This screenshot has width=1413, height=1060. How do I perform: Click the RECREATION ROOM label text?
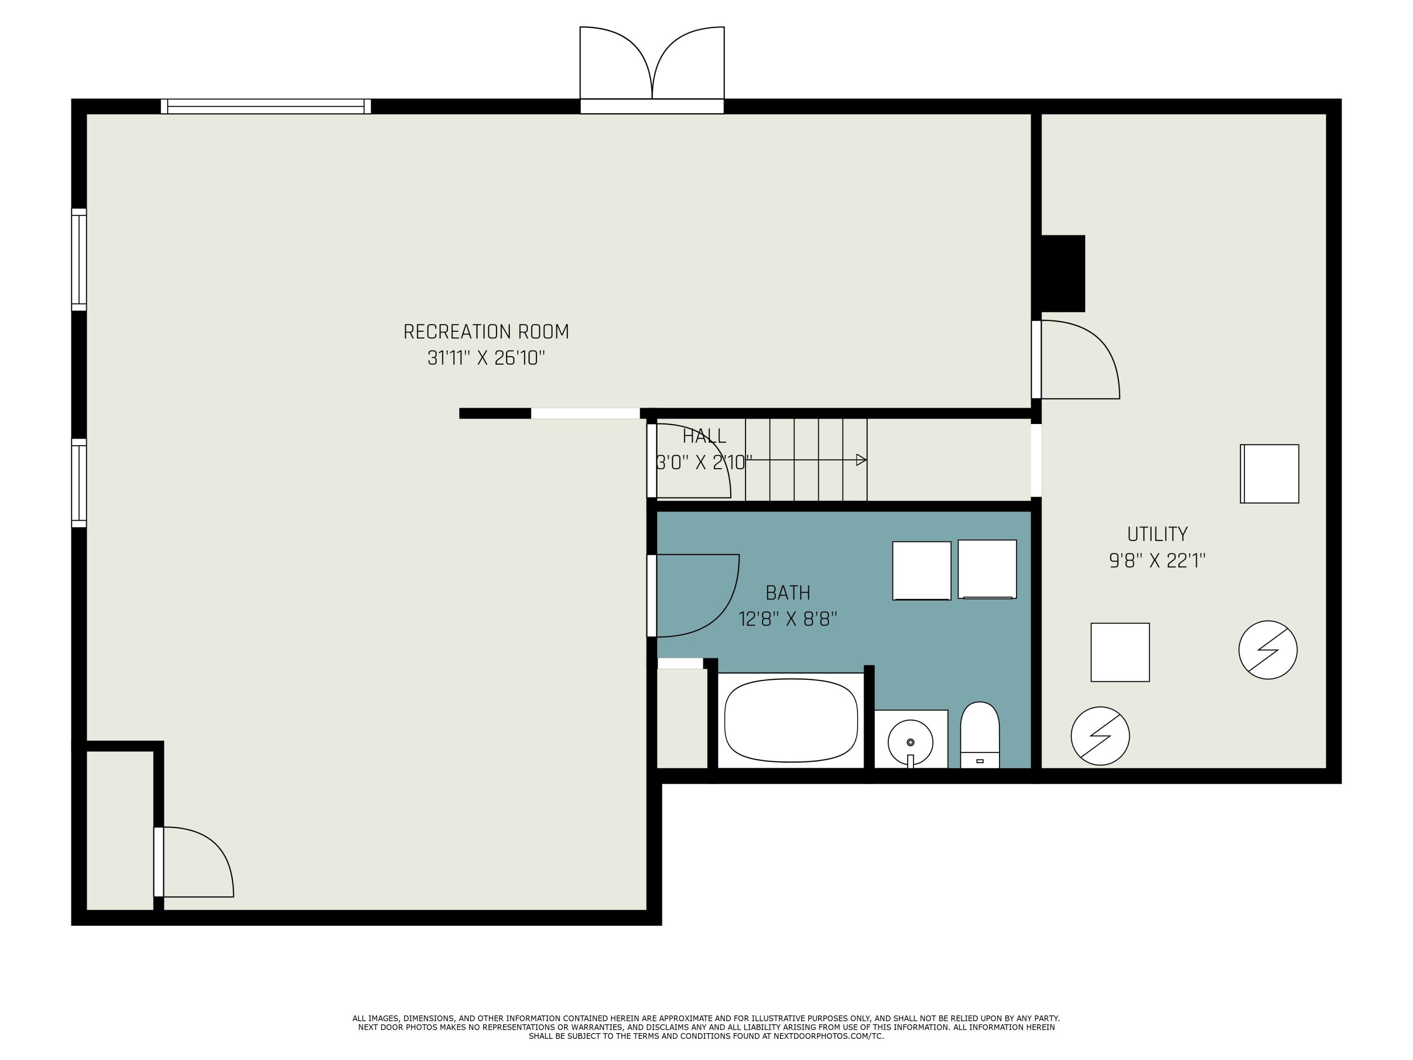486,332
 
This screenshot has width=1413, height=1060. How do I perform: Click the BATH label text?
788,593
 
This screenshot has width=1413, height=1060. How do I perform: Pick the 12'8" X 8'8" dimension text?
788,619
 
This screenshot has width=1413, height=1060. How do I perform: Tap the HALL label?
704,436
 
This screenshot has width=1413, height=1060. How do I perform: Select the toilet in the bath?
979,735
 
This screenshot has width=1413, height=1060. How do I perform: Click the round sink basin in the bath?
910,742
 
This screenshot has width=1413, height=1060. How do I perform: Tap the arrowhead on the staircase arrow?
861,460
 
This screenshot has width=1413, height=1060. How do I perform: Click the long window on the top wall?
266,106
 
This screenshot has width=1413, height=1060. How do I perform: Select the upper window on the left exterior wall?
79,260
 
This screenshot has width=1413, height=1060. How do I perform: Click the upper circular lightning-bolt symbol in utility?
1267,650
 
